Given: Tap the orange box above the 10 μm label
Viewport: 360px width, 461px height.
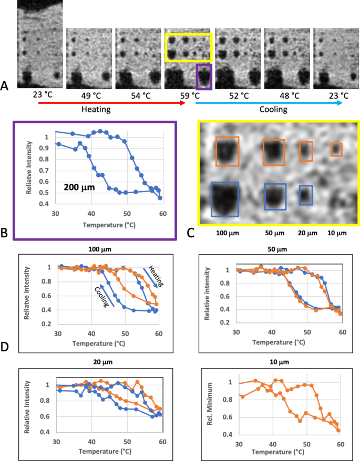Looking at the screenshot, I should [x=336, y=150].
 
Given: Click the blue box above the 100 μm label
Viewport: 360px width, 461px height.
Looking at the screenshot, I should [x=224, y=199].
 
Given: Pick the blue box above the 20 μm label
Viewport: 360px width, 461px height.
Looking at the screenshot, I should [x=306, y=195].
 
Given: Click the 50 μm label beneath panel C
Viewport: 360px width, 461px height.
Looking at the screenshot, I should [x=274, y=233].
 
